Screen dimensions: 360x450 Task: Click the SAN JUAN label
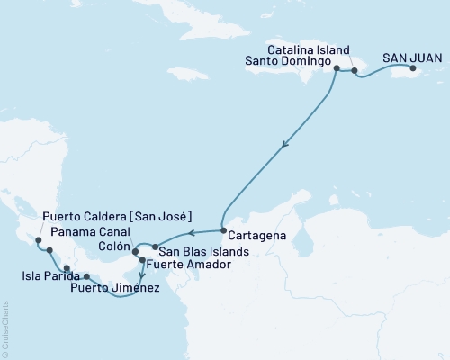412,57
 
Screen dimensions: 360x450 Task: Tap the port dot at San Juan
412,68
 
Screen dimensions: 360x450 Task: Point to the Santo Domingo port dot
337,68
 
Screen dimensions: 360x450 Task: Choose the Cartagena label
255,234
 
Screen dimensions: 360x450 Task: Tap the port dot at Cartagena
222,232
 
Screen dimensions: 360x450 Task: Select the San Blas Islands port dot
155,247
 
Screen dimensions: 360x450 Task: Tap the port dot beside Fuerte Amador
142,260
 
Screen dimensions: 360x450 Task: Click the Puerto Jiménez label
124,288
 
